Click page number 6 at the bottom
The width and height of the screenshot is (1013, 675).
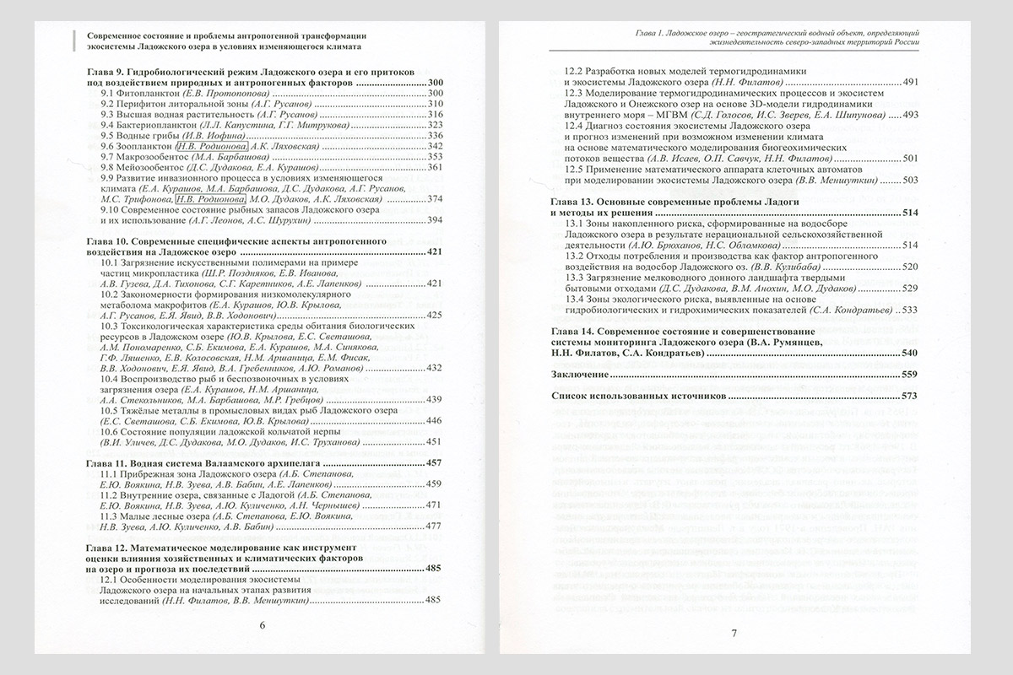pos(261,625)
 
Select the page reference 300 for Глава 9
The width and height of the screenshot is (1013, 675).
pos(436,82)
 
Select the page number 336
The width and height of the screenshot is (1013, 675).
pos(436,135)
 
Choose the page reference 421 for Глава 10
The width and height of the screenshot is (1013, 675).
pos(436,251)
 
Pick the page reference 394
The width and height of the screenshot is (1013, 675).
pos(436,220)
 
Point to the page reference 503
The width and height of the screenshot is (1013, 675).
pos(910,180)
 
